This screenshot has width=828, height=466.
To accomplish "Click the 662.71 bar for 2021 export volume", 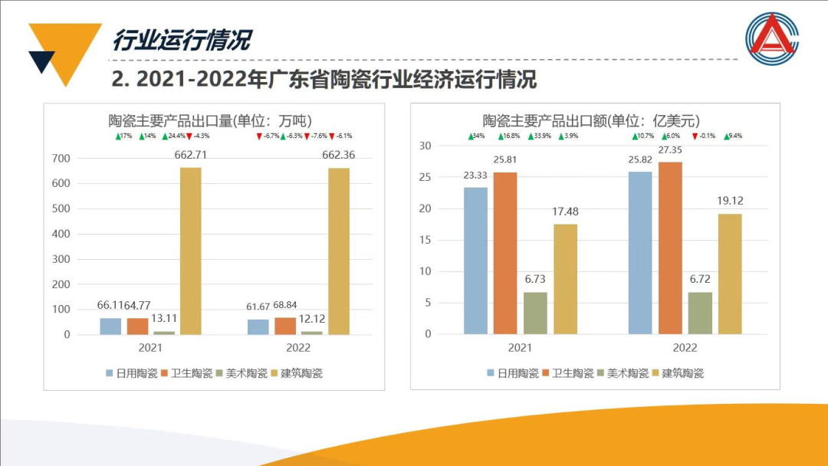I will click(190, 251).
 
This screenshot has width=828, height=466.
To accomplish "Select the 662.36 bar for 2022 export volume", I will click(339, 251).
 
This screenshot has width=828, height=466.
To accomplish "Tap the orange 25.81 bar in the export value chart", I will click(505, 253).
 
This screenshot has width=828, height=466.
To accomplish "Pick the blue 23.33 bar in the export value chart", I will click(475, 261).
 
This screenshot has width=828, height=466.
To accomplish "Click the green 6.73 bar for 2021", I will click(535, 313).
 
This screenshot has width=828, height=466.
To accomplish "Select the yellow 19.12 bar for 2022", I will click(730, 274).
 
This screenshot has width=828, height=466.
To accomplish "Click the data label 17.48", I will click(566, 212).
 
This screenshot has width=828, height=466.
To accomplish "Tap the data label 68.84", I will click(285, 306).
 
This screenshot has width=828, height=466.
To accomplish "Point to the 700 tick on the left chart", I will click(61, 159).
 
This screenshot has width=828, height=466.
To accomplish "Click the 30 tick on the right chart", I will click(426, 146).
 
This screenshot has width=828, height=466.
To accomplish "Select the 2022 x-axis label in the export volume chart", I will click(298, 347).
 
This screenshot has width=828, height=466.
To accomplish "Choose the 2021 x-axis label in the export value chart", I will click(520, 347).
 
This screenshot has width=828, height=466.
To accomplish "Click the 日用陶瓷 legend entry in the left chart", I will click(131, 373).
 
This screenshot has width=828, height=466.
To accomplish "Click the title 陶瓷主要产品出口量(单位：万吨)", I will click(209, 120).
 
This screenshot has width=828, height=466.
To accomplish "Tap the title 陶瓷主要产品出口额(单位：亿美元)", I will click(590, 120).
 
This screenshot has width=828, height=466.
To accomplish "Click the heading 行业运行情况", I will click(182, 40).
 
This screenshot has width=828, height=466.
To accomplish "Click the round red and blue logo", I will click(772, 38).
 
